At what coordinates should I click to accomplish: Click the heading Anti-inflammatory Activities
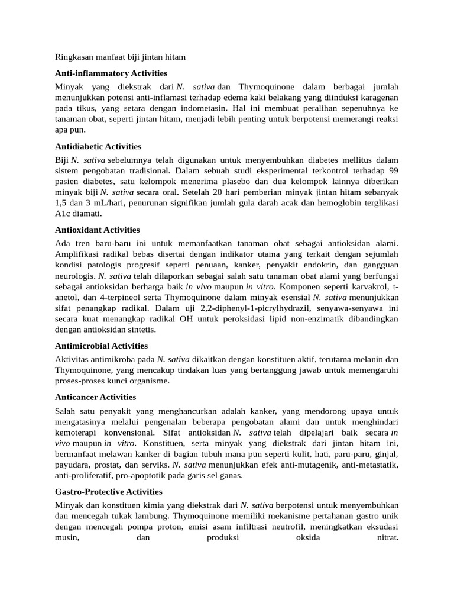tap(111, 73)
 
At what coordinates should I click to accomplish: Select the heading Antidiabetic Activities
tap(98, 146)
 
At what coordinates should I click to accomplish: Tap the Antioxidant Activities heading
tap(98, 230)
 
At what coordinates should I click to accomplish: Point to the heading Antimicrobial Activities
tap(102, 345)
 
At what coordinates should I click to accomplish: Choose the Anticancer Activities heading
tap(96, 397)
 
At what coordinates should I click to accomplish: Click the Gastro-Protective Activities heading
tap(109, 491)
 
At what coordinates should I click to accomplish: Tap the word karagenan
tap(377, 97)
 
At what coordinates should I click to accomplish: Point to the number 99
tap(393, 170)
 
